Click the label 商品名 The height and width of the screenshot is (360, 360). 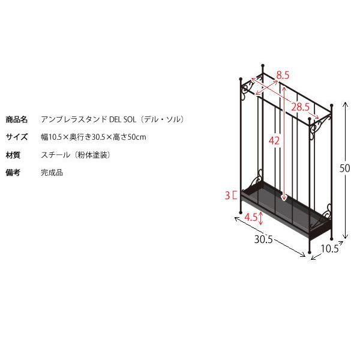pos(17,119)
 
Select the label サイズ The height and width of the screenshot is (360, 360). pos(17,137)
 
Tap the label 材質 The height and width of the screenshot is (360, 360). pos(13,155)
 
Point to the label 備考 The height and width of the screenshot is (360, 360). pos(13,172)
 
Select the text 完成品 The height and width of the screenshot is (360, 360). pos(52,172)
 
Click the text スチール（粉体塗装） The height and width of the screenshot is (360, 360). pos(76,155)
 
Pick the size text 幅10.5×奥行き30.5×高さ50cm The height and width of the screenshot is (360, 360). pos(94,137)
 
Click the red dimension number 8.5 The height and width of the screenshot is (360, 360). pos(283,76)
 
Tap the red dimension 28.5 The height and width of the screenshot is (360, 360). pos(301,107)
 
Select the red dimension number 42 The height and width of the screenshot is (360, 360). pos(274,140)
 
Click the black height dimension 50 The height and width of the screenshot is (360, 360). pos(344,168)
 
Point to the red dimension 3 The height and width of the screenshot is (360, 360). pos(227,196)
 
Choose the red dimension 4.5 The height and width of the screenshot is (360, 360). pos(251,217)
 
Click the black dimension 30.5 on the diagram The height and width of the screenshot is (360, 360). pos(263,239)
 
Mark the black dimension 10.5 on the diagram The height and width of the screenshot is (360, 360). pos(329,248)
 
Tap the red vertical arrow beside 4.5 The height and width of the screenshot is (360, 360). pos(261,218)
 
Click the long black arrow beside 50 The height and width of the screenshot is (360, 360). pos(346,170)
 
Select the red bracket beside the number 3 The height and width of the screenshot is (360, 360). pos(234,196)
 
